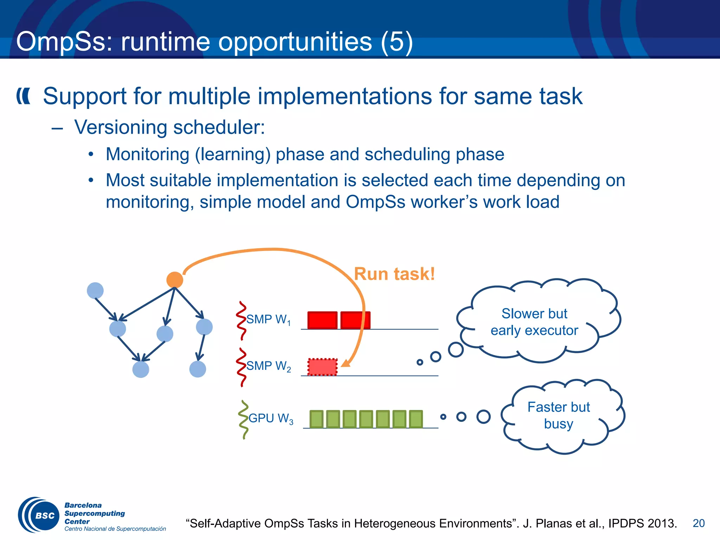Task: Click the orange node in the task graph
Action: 175,280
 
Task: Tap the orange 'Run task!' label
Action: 394,274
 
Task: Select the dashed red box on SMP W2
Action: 322,367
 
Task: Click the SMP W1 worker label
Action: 268,320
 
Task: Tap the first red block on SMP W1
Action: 322,320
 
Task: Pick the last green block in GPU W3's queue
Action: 416,419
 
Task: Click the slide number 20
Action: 699,523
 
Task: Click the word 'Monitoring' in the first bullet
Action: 148,154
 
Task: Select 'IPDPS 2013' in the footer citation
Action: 642,523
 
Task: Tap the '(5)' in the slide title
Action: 397,41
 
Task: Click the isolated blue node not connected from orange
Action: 95,291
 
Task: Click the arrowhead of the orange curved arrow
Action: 346,363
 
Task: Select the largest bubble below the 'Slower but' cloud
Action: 456,349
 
